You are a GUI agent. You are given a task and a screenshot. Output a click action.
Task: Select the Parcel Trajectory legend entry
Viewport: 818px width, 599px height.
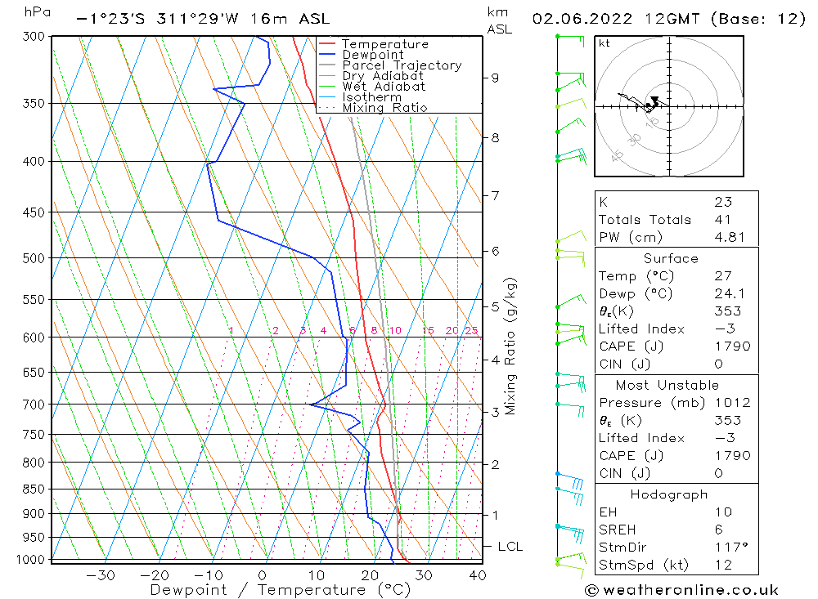(402, 65)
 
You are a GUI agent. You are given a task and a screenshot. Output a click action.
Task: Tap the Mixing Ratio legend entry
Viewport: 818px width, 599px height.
(384, 108)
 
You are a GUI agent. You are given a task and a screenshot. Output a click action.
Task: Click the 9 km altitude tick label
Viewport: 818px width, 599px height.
(495, 78)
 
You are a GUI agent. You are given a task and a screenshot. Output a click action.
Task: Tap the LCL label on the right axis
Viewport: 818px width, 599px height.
(510, 547)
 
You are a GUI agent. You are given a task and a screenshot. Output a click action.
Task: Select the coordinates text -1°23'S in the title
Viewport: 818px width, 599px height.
(110, 18)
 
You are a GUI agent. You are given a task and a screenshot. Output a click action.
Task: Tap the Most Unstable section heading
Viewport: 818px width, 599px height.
(667, 385)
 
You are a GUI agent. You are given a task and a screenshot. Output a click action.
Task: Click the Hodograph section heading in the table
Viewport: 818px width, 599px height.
(669, 494)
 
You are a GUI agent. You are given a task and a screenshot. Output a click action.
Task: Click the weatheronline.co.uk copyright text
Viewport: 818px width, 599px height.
(681, 590)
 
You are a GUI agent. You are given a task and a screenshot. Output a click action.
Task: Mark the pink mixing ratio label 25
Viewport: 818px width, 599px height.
(471, 331)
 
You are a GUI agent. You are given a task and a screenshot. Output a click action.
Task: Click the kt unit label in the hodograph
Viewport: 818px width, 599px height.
(604, 43)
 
